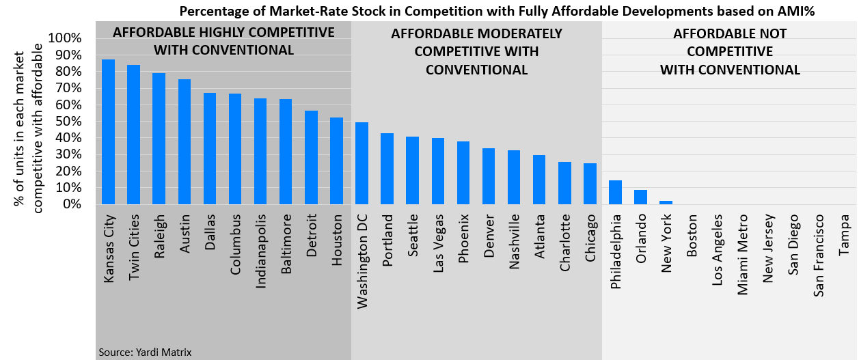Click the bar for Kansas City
[x=108, y=132]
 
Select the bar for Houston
[x=337, y=161]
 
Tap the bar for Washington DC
[x=362, y=163]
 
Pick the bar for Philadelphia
[x=615, y=192]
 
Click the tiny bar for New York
[x=666, y=202]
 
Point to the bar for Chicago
[x=590, y=184]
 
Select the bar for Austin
[x=185, y=141]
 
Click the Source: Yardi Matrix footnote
[x=145, y=352]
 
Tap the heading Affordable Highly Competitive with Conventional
[x=223, y=41]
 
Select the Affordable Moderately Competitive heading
[x=476, y=52]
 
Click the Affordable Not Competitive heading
[x=729, y=52]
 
